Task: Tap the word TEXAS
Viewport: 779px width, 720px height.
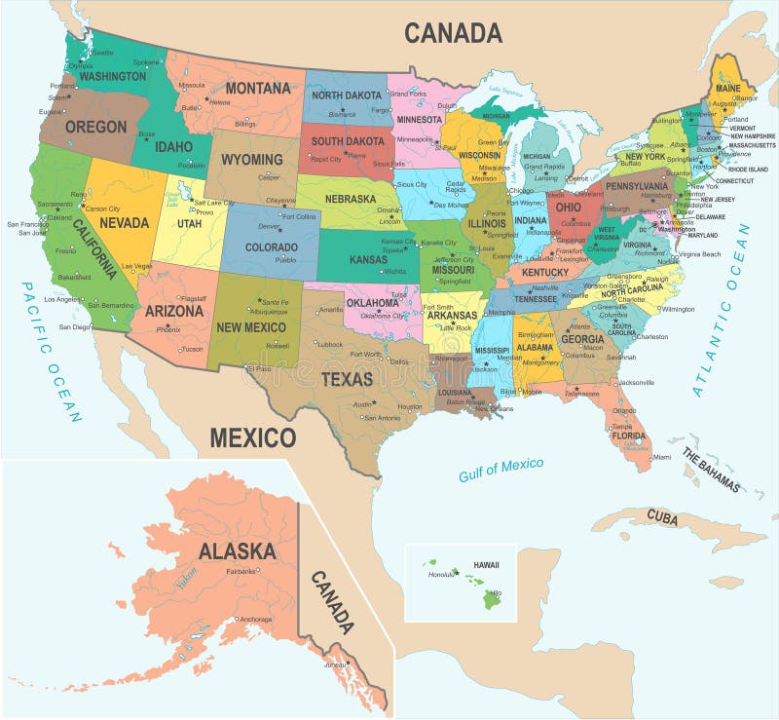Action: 348,378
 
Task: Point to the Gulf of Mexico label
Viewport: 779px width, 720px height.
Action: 501,469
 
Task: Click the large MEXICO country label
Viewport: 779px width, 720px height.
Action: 252,436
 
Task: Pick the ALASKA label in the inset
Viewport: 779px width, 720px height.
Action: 237,550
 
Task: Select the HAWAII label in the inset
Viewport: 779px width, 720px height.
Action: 486,564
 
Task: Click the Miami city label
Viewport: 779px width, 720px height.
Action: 661,456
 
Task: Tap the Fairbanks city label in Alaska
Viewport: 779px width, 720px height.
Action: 241,571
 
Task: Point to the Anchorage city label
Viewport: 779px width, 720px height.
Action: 256,619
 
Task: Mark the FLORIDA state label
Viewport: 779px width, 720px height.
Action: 629,436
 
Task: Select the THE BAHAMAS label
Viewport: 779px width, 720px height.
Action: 710,470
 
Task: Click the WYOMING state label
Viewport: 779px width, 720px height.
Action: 251,159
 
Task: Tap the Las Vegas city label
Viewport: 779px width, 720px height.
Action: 136,266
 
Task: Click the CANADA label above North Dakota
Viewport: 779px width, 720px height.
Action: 453,32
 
